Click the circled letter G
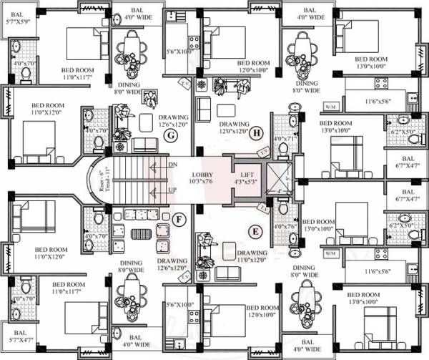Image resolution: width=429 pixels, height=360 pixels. tap(170, 135)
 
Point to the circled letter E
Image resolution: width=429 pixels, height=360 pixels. tap(255, 230)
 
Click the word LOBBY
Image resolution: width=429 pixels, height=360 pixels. tap(204, 175)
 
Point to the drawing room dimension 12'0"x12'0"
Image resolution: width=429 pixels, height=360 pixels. tap(234, 131)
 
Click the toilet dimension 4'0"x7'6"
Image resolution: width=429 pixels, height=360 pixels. tap(284, 227)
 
